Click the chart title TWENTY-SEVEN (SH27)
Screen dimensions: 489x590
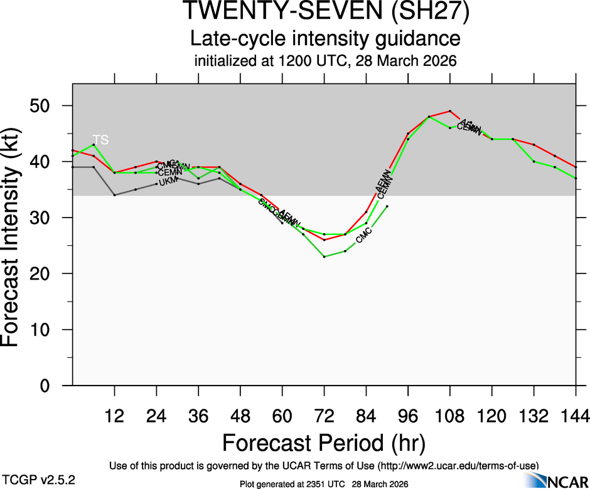pos(325,13)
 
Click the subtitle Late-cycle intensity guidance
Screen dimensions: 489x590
pos(325,39)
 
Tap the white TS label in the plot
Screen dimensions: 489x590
pos(100,139)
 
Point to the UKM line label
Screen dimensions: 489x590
pos(168,182)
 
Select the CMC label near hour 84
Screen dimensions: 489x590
pos(364,236)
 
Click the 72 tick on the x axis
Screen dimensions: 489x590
pos(324,415)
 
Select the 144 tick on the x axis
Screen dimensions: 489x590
pos(576,415)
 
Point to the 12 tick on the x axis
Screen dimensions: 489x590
pos(114,415)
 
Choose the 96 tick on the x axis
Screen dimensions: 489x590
pos(408,415)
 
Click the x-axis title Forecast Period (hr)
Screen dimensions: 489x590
pos(324,443)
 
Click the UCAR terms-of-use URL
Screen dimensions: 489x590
pos(458,465)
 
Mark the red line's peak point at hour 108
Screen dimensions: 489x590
pos(450,111)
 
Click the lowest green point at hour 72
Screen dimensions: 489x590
pos(324,256)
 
